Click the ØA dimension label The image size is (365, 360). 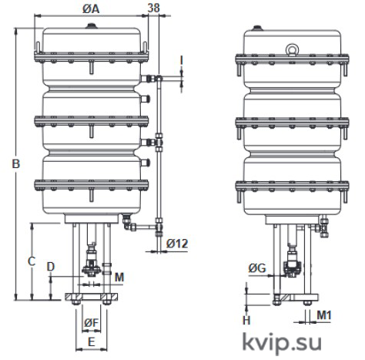[91, 8]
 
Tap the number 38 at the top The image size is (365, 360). [154, 8]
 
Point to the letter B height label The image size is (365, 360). [16, 163]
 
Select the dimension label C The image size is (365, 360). [32, 261]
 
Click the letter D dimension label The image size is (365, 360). [51, 267]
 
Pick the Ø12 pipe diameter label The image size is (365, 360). [177, 244]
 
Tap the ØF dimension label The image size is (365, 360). [92, 322]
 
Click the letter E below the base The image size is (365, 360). [92, 342]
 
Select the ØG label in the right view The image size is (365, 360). [257, 268]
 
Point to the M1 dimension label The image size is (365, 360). [324, 315]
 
